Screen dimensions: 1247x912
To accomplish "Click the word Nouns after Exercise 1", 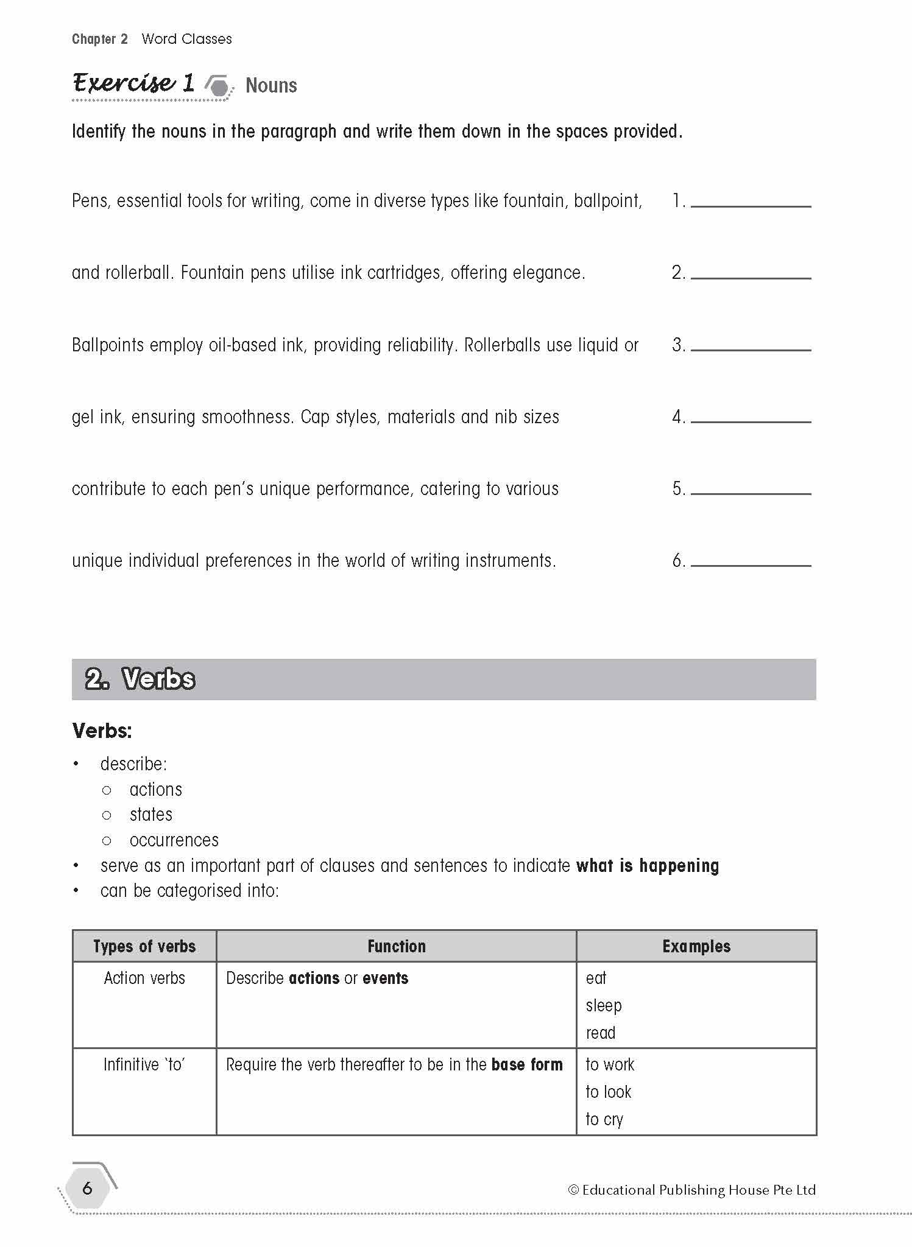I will coord(271,86).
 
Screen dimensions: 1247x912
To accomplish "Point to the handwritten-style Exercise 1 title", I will coord(133,83).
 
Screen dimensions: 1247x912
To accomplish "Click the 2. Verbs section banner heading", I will coord(140,679).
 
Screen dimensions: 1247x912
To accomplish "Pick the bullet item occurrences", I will coord(174,840).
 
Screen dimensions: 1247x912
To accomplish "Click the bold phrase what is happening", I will coord(647,866).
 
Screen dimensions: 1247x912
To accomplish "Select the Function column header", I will coord(396,946).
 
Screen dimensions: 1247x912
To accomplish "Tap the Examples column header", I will coord(696,946).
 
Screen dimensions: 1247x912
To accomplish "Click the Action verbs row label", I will coord(144,978).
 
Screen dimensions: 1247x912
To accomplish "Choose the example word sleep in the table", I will coord(603,1005).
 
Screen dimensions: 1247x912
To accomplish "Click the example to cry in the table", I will coord(604,1119).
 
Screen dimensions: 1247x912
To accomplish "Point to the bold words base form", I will coord(526,1065).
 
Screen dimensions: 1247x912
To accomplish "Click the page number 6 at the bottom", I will coord(88,1188).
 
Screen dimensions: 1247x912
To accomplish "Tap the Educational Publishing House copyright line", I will coord(691,1190).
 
